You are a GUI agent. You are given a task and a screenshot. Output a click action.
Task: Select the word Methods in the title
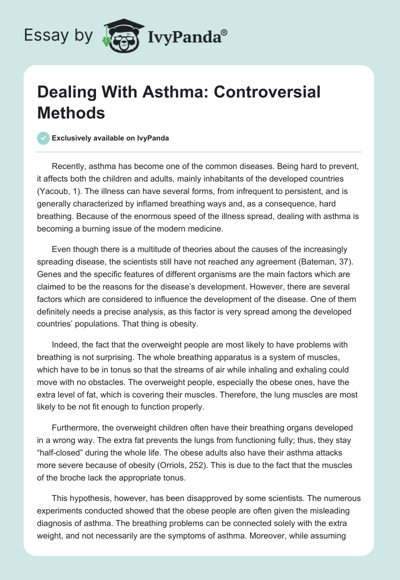point(71,112)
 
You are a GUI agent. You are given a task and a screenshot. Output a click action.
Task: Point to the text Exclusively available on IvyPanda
point(109,138)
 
